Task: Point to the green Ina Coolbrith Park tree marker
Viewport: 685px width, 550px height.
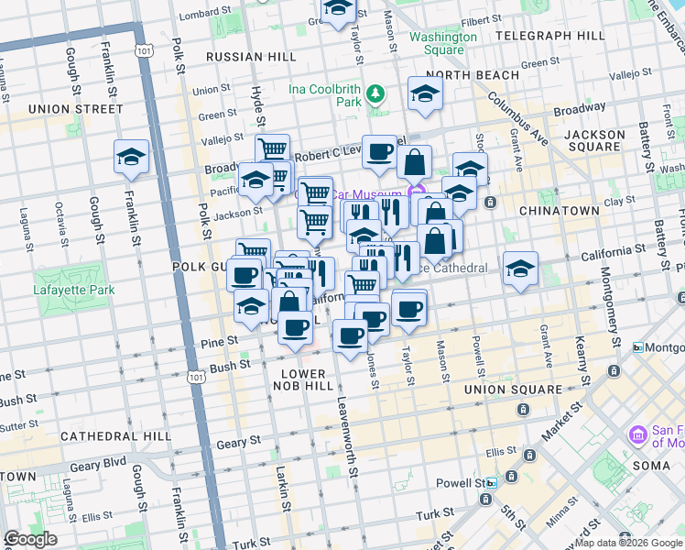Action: tap(375, 93)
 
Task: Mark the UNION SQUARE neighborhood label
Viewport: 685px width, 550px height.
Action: tap(512, 390)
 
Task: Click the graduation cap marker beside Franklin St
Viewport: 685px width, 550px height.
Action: tap(131, 157)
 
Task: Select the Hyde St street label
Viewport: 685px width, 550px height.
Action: tap(260, 108)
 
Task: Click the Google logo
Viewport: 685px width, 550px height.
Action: tap(30, 539)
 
